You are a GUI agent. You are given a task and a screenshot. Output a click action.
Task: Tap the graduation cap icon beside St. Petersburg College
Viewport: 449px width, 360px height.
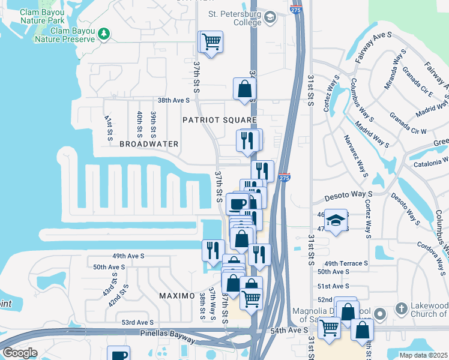click(x=270, y=17)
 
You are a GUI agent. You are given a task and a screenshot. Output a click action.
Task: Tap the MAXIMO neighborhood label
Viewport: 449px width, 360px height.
click(x=176, y=296)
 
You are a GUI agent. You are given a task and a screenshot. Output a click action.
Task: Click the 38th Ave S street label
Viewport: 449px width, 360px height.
click(x=173, y=100)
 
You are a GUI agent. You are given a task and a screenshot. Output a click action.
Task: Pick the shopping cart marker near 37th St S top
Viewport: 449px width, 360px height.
click(x=211, y=43)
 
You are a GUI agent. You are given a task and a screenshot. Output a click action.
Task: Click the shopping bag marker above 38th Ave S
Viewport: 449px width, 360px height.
click(x=245, y=89)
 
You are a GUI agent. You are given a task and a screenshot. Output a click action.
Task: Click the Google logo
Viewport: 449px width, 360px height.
click(x=20, y=353)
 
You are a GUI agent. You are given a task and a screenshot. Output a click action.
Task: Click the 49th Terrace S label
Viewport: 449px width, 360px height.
click(x=345, y=263)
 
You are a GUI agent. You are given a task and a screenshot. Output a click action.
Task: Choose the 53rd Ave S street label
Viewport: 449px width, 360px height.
click(x=137, y=322)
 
